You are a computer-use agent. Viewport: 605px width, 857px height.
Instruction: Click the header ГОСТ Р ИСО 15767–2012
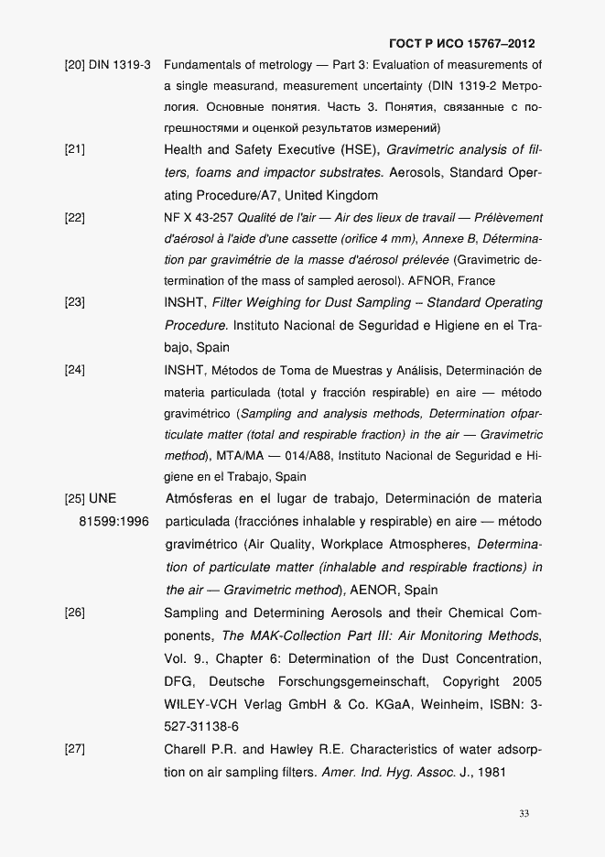tap(462, 43)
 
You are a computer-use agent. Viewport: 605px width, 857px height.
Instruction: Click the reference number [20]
tap(74, 65)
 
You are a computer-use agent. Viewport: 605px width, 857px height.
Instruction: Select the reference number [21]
tap(74, 148)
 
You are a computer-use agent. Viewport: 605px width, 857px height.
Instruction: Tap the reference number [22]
tap(74, 218)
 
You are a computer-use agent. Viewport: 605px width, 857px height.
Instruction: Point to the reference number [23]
tap(74, 302)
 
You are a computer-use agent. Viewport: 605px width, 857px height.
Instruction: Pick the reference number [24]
tap(74, 371)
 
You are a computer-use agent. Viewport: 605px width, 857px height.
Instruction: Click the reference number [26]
tap(74, 613)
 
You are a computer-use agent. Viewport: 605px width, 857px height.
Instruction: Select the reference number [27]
tap(74, 750)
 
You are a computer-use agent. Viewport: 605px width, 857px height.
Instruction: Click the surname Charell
tap(186, 750)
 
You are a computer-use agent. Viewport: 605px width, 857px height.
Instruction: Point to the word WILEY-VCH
tap(196, 705)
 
